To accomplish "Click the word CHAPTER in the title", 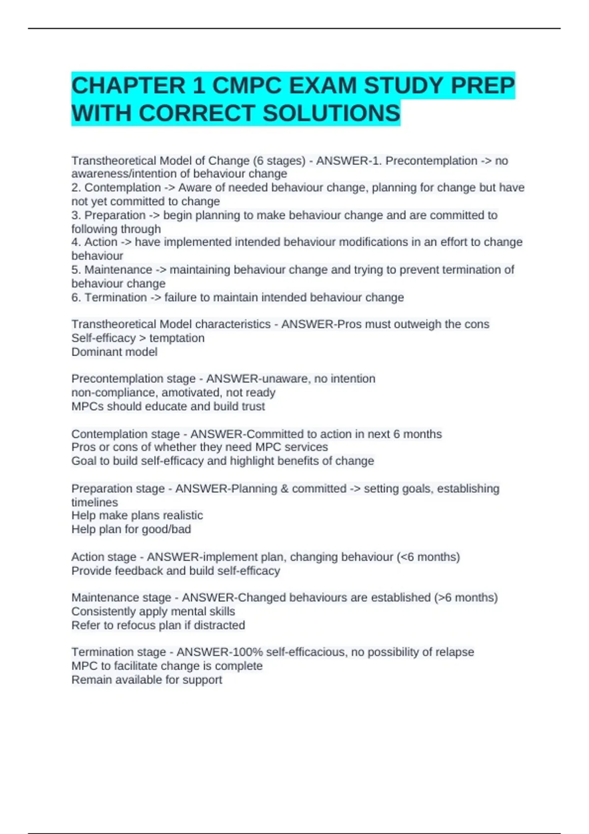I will pyautogui.click(x=128, y=86).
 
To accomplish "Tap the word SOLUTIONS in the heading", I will pyautogui.click(x=331, y=113).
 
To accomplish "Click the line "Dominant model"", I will pyautogui.click(x=114, y=352).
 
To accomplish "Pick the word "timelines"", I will pyautogui.click(x=95, y=502).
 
